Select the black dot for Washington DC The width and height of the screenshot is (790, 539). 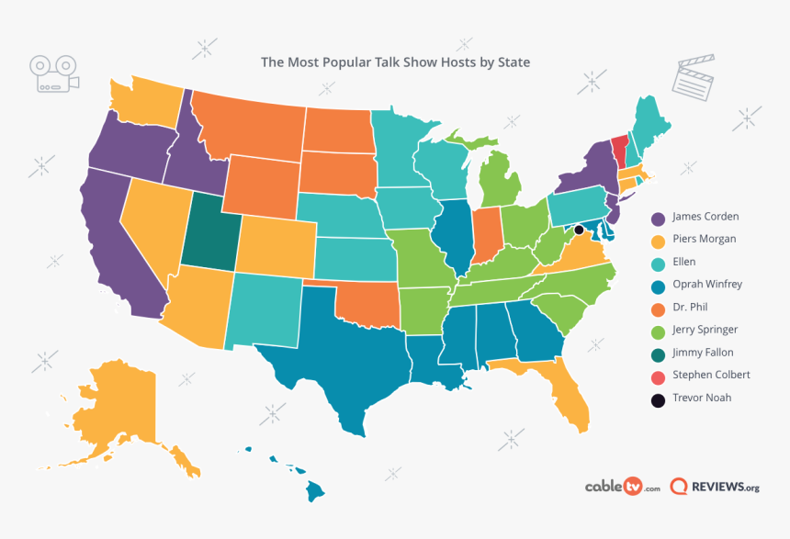pyautogui.click(x=579, y=230)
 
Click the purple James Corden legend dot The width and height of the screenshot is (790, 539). pyautogui.click(x=658, y=219)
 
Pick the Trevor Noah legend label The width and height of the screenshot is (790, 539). pyautogui.click(x=703, y=399)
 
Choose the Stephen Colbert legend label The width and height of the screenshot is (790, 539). pyautogui.click(x=711, y=376)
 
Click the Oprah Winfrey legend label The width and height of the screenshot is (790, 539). pyautogui.click(x=707, y=285)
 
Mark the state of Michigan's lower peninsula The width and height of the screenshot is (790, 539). pyautogui.click(x=501, y=180)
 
